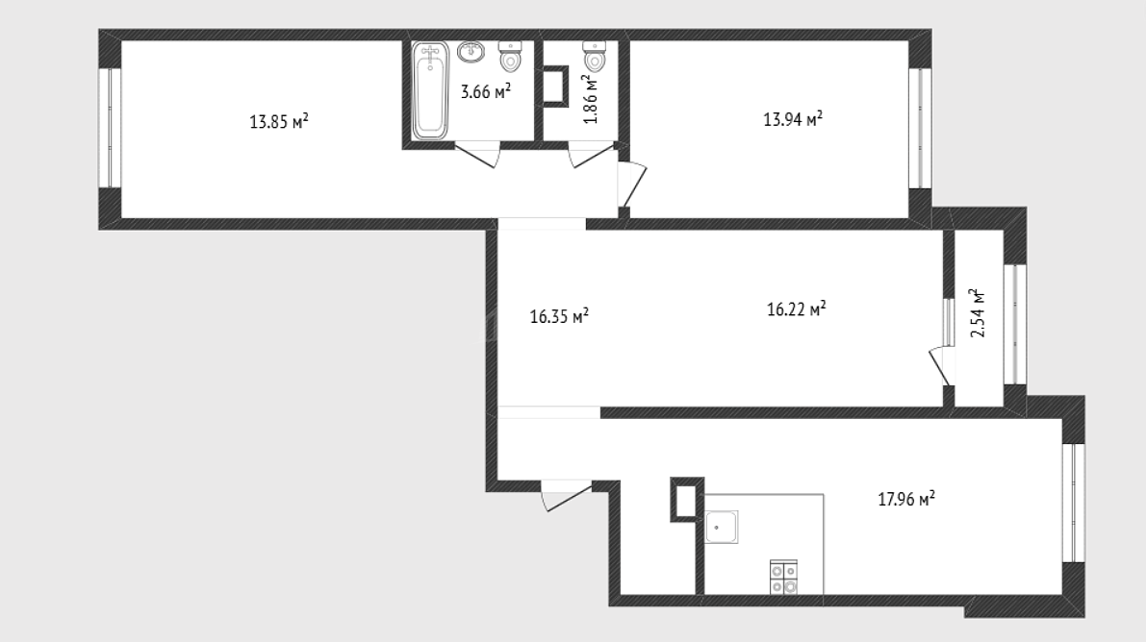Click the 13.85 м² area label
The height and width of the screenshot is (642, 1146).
point(278,121)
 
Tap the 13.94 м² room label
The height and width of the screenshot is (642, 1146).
point(793,119)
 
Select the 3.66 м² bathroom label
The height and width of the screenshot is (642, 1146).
point(485,91)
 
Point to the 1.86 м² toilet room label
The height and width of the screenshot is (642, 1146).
point(591,99)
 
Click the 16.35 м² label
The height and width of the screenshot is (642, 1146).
point(559,316)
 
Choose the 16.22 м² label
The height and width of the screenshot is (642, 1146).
point(797,309)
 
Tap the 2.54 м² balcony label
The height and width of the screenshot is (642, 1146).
point(978,312)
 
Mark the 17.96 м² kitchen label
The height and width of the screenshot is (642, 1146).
point(906,499)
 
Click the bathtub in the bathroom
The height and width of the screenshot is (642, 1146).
point(430,90)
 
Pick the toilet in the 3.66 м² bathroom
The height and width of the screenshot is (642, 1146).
point(511,57)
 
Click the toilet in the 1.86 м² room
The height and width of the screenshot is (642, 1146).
point(595,57)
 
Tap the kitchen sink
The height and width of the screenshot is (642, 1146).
point(722,527)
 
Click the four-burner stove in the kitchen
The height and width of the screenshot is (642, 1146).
point(783,577)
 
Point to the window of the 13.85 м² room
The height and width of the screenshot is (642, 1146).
point(110,128)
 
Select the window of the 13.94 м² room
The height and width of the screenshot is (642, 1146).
point(920,128)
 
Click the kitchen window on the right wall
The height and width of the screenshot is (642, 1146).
point(1074,503)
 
